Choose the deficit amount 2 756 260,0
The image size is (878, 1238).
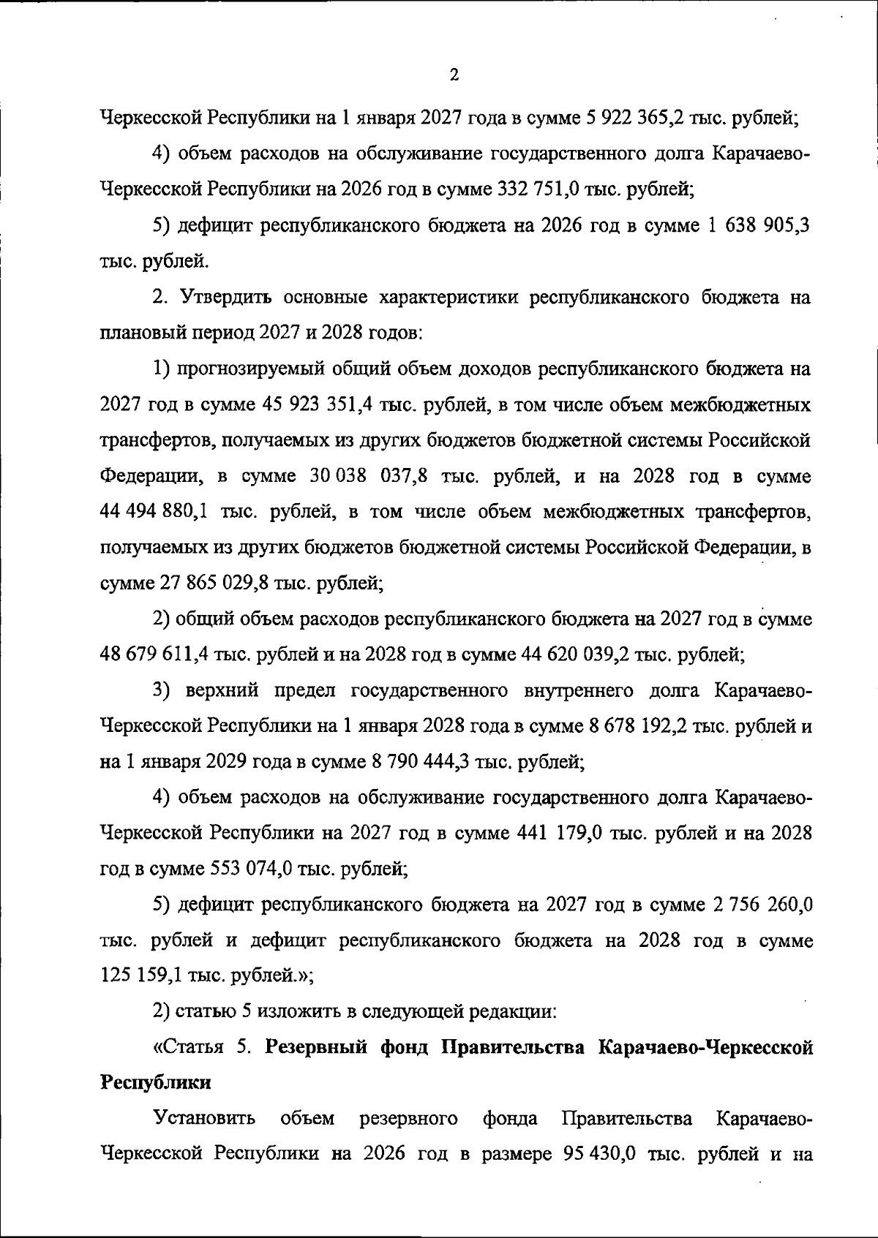761,905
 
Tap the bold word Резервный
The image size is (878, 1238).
315,1048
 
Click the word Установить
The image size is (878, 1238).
204,1119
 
